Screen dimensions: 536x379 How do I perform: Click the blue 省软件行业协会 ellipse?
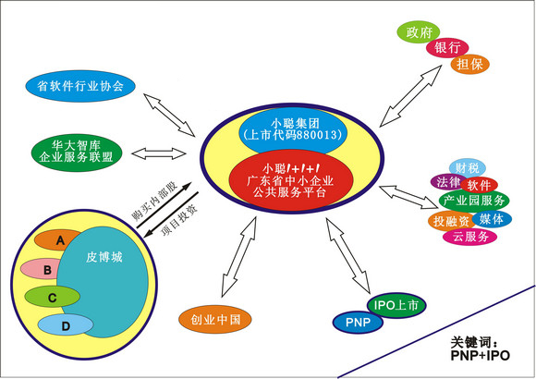pos(80,86)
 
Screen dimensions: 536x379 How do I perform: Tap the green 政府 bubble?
pos(419,32)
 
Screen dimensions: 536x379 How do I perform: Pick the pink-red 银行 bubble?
pos(447,47)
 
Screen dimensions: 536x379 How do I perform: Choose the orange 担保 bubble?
pos(470,64)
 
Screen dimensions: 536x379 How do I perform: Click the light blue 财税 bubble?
pos(467,167)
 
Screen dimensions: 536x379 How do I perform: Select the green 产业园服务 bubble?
pos(474,201)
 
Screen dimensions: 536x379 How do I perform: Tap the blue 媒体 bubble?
pos(492,219)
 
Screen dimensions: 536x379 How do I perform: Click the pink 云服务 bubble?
pos(469,237)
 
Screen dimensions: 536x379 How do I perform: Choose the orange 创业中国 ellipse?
pos(215,320)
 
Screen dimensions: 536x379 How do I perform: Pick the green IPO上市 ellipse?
pos(396,305)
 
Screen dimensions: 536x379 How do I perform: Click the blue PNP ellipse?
pos(358,322)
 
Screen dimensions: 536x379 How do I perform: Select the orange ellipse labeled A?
pos(56,239)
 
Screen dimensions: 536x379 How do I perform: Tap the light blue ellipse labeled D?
pos(66,325)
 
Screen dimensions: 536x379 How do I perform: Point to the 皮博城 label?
pos(104,257)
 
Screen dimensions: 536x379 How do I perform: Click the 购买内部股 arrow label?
pos(154,201)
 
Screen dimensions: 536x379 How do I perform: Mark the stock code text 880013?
pos(317,134)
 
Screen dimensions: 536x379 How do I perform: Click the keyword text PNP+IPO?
pos(480,355)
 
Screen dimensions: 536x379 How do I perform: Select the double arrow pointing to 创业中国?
pos(238,257)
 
